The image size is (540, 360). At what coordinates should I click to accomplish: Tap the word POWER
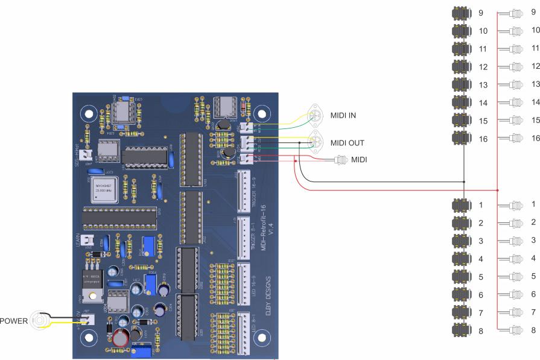[13, 320]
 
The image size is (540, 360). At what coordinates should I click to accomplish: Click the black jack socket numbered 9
[461, 13]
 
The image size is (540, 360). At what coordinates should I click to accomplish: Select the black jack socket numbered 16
[461, 138]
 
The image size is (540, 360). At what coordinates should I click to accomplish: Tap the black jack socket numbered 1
[461, 205]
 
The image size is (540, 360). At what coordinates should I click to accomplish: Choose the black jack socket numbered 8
[461, 330]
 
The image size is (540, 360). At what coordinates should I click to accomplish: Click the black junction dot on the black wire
[464, 182]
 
